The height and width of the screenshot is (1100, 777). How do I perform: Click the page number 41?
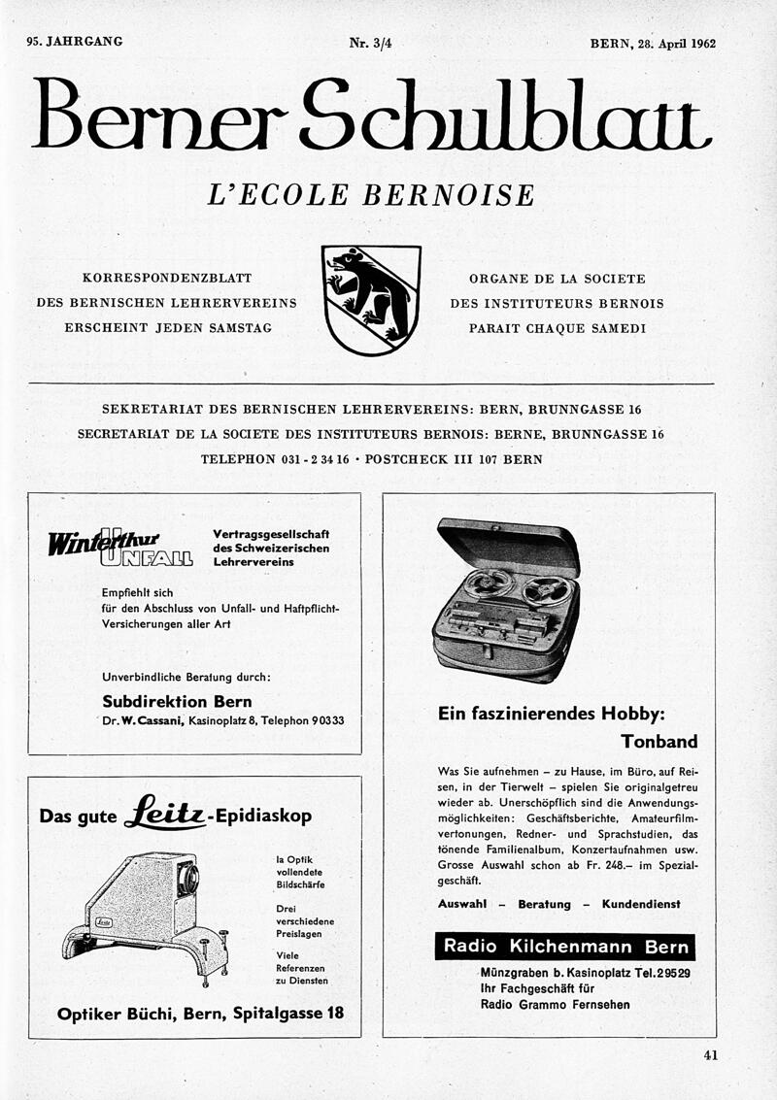tap(709, 1056)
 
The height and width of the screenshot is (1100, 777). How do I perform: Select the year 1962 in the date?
tap(698, 43)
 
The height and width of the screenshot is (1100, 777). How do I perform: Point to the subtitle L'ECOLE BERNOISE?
tap(371, 195)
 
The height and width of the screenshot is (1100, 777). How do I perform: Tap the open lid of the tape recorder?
tap(507, 544)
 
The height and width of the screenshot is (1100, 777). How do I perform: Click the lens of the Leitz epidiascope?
tap(188, 879)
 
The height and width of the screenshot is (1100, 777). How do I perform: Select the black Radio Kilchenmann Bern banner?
tap(564, 946)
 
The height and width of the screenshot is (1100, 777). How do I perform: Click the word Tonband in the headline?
tap(659, 742)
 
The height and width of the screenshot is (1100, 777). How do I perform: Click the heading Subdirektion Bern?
tap(177, 701)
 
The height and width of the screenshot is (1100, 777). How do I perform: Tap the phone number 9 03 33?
tap(324, 721)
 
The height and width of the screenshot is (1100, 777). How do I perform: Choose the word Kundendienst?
tap(641, 904)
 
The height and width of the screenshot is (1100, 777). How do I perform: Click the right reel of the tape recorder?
tap(546, 590)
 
